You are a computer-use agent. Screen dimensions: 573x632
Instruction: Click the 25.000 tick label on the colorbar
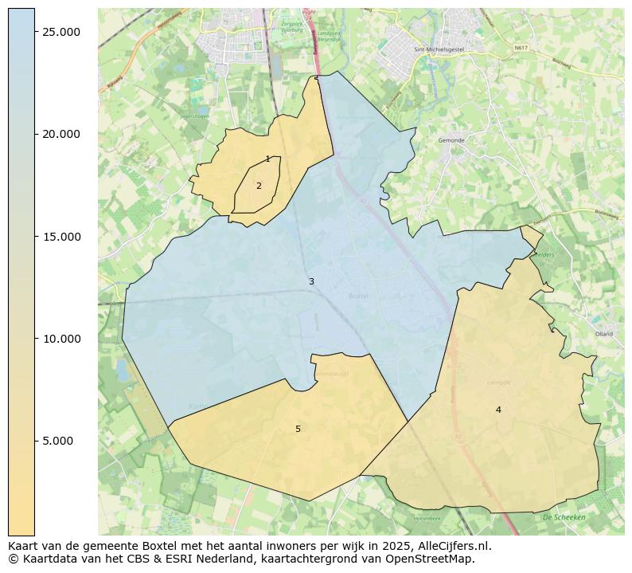pos(62,31)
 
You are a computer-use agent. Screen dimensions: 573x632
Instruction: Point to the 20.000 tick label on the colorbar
pos(62,134)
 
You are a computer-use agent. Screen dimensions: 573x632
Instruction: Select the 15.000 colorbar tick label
pos(62,237)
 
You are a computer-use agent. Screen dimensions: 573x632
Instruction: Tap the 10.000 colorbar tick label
pos(62,339)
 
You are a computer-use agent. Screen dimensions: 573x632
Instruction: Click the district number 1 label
pos(267,159)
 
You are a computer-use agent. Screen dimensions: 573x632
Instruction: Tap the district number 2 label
pos(259,186)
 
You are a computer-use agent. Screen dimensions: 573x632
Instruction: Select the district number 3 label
pos(311,281)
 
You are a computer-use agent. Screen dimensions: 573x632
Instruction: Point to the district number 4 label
pos(498,410)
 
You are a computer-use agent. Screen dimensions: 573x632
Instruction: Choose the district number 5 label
pos(298,429)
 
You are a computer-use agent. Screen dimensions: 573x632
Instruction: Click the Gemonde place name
pos(451,140)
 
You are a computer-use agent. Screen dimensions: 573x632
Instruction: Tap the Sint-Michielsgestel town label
pos(439,49)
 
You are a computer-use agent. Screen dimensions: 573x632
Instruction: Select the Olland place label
pos(603,334)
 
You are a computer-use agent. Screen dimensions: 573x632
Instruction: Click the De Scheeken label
pos(564,517)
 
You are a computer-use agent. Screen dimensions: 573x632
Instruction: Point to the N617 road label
pos(521,48)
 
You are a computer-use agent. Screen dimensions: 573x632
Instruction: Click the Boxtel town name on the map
pos(359,296)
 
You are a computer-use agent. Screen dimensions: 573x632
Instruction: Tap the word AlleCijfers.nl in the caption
pos(454,546)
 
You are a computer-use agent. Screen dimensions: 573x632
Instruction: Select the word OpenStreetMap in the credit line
pos(430,559)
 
